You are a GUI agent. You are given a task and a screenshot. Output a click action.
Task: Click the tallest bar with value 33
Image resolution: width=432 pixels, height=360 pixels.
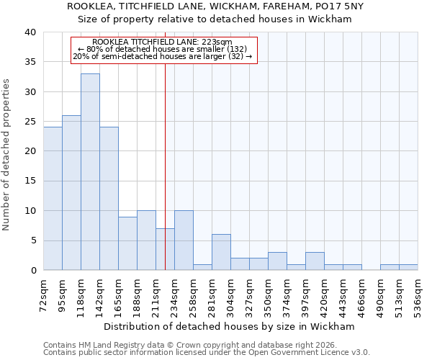(90, 172)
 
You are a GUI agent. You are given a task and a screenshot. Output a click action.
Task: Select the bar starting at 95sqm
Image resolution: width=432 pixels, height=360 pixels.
(71, 193)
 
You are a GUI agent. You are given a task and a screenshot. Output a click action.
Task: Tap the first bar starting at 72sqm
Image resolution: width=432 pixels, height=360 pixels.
(53, 199)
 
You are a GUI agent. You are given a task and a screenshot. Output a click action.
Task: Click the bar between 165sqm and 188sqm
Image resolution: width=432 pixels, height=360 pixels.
(127, 243)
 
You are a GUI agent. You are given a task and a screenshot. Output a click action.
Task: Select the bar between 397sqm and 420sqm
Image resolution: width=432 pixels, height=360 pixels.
(315, 261)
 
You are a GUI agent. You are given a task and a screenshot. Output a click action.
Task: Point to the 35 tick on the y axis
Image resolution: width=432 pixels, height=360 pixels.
(31, 63)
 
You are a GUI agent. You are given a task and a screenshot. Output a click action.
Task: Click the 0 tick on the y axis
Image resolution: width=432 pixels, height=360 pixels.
(33, 271)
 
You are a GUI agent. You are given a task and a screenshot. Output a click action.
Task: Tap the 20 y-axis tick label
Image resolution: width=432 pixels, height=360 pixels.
(31, 152)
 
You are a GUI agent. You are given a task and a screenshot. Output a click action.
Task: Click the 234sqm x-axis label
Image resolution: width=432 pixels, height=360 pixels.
(175, 295)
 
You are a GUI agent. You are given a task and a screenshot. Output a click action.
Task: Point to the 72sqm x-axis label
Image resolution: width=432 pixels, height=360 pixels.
(44, 295)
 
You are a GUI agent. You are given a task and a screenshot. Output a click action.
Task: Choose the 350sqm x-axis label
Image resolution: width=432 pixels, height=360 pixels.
(269, 295)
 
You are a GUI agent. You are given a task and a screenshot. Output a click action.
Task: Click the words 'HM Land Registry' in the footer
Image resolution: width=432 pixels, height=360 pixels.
(104, 345)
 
